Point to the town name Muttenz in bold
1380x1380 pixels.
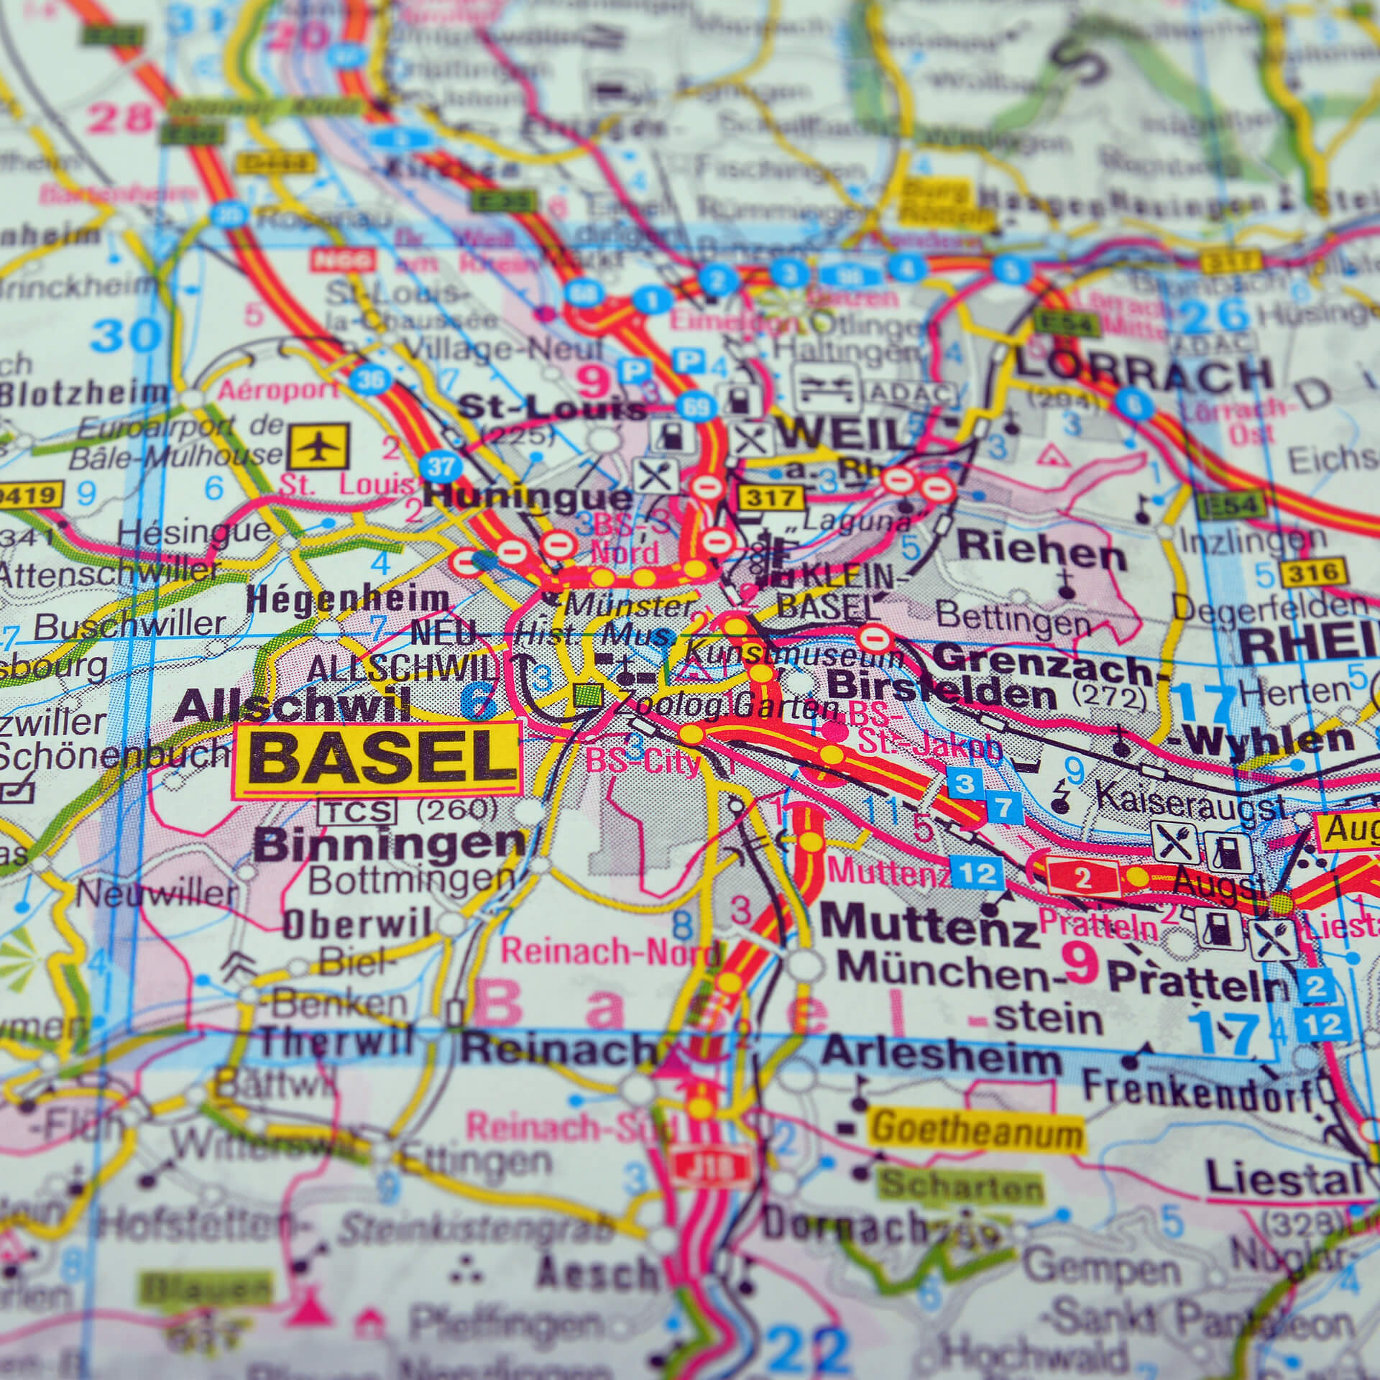pos(929,927)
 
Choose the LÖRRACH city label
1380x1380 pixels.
pos(1143,374)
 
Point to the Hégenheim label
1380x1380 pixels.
pos(347,600)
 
